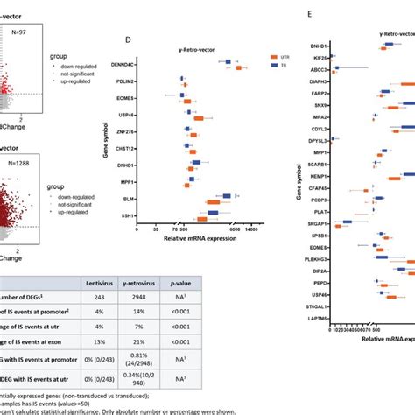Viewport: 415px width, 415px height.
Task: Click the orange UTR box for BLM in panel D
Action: coord(213,203)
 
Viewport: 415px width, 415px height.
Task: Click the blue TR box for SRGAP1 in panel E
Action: coord(348,222)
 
